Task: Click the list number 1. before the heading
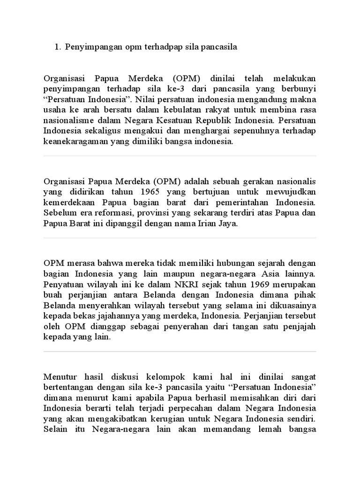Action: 58,47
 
